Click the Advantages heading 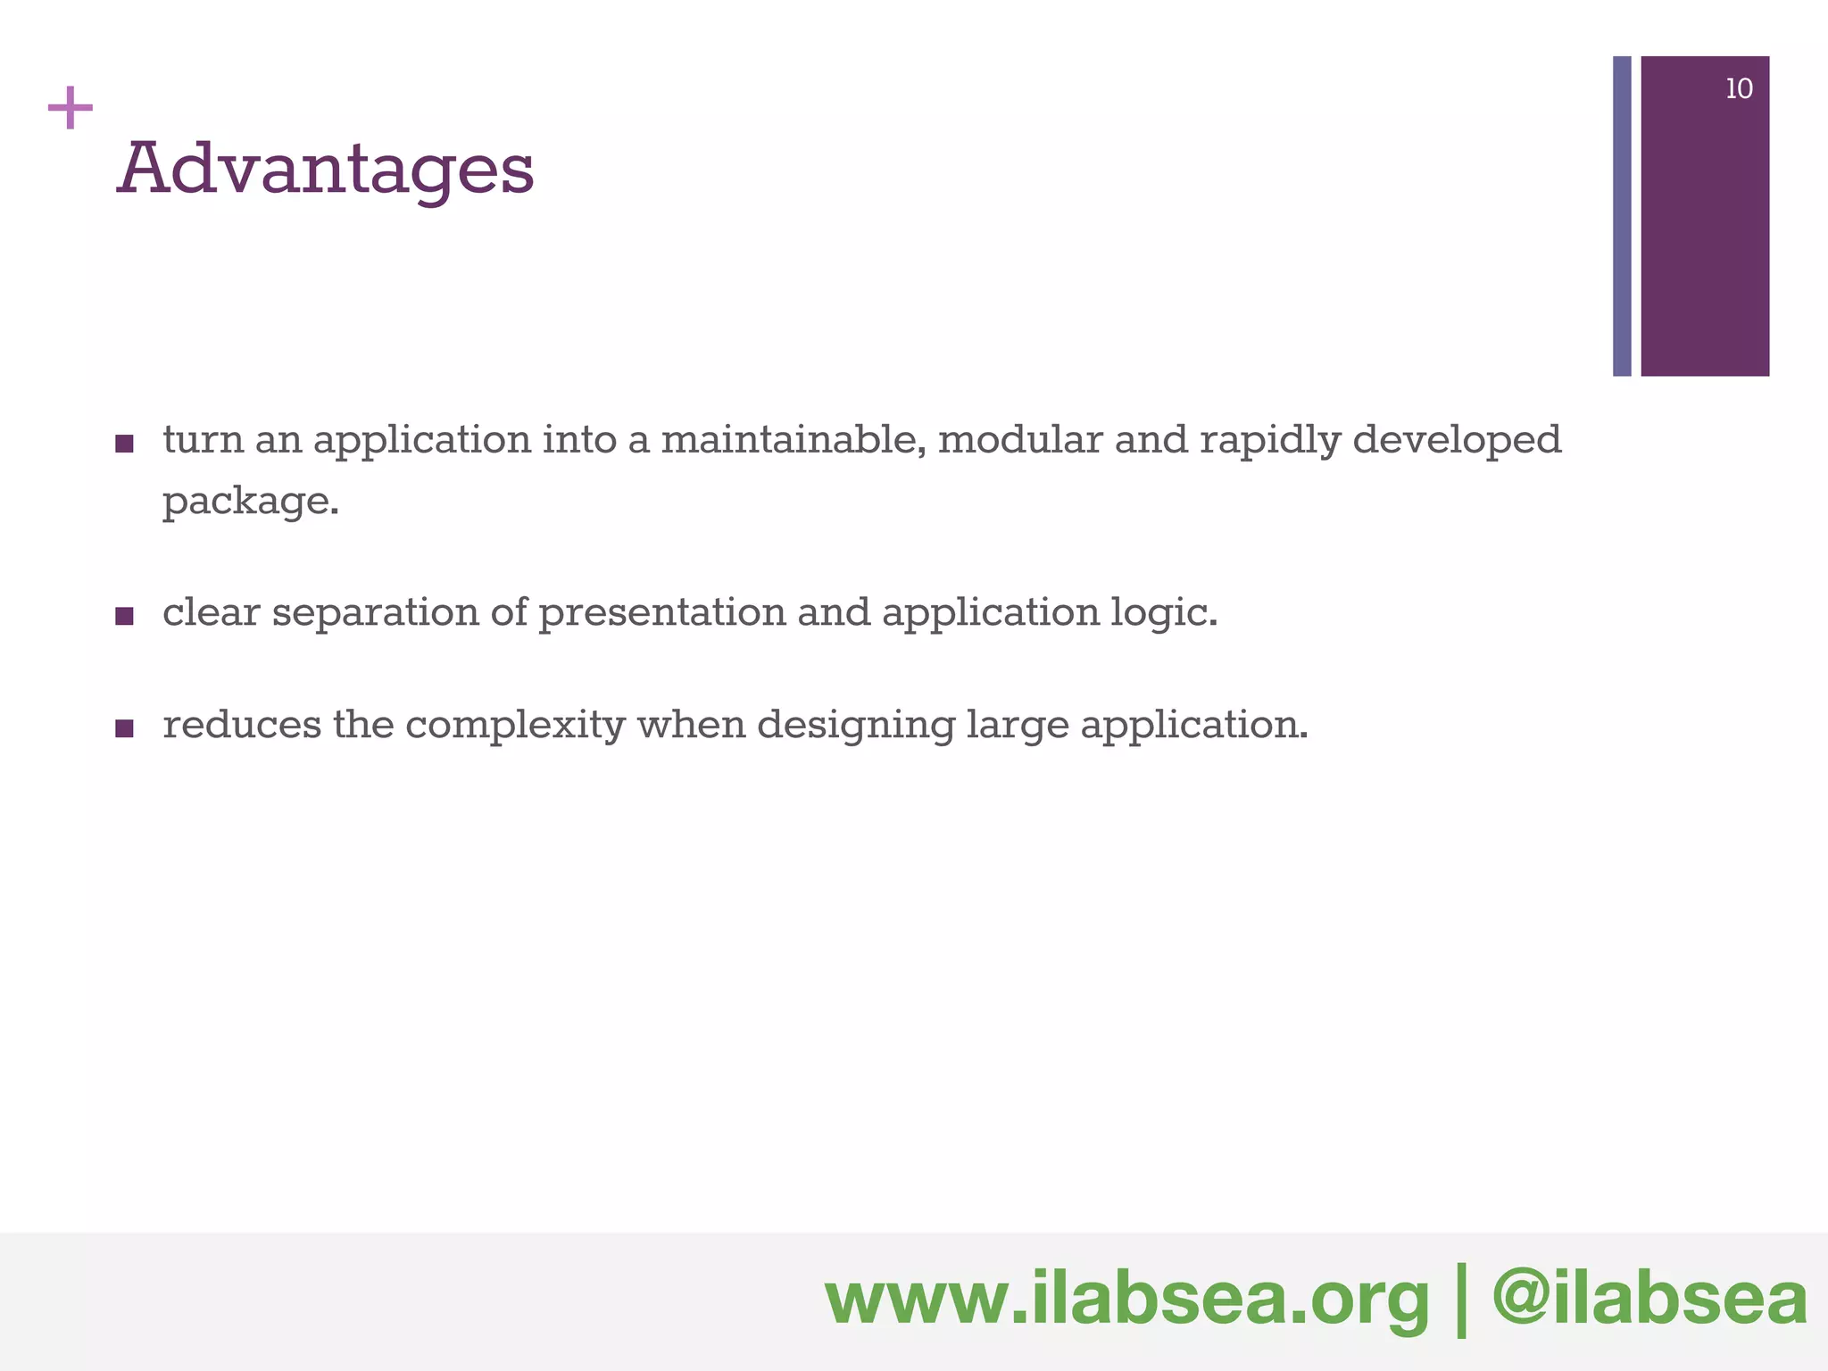coord(326,170)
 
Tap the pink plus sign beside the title coord(71,109)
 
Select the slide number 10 coord(1739,89)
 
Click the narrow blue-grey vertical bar coord(1622,216)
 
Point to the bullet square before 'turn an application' coord(125,444)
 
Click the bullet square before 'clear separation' coord(125,616)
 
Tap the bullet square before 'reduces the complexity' coord(125,728)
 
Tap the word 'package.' coord(251,502)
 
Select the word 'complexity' coord(515,726)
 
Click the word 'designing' coord(856,726)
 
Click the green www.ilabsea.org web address coord(1126,1300)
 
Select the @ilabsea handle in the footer coord(1649,1300)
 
